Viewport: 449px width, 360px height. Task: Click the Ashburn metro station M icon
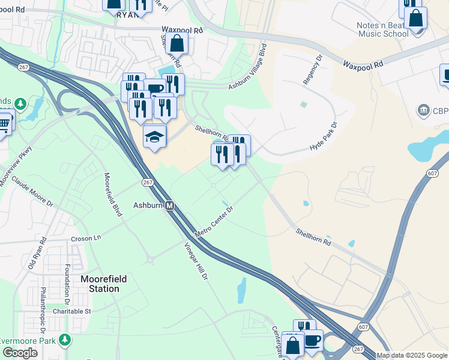[170, 206]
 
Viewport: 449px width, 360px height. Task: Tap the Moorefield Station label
[100, 284]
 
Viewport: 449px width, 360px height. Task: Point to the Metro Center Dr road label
[213, 221]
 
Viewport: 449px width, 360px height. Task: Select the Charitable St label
[71, 311]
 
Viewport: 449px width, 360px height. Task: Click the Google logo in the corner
[20, 353]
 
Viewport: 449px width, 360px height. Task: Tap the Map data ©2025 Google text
[412, 355]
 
